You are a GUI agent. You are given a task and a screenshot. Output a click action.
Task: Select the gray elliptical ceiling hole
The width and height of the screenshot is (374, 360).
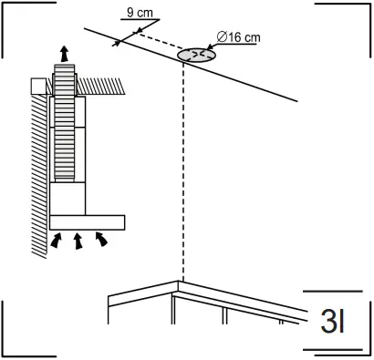coord(195,56)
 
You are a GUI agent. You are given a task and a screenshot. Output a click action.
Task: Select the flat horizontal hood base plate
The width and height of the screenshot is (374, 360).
coord(88,221)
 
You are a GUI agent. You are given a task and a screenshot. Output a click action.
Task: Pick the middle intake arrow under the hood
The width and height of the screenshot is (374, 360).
coord(78,242)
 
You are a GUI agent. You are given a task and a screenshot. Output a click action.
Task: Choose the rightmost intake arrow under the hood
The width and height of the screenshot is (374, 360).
coord(100,240)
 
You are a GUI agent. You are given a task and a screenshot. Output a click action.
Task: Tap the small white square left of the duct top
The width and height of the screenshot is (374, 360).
coord(38,86)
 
